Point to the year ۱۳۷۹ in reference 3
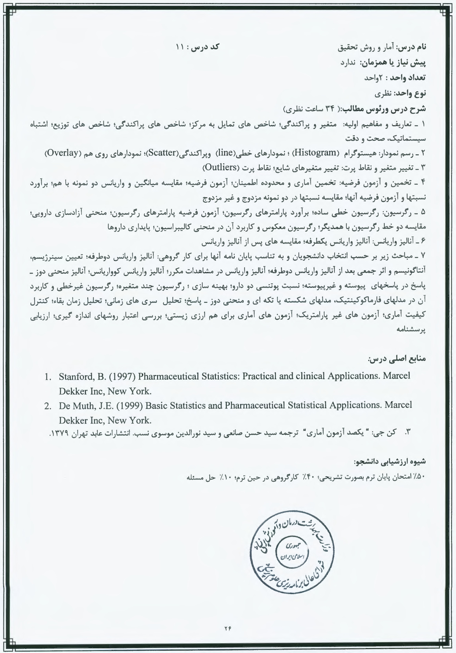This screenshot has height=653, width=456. click(x=60, y=433)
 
